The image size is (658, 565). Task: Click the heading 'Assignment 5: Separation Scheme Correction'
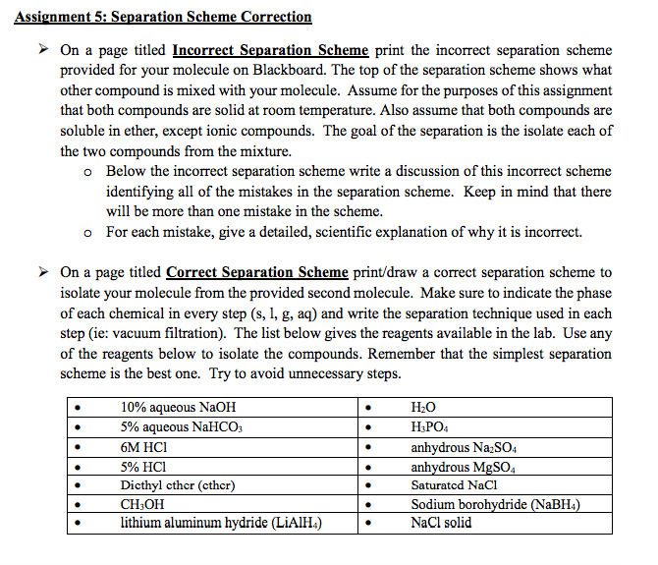163,17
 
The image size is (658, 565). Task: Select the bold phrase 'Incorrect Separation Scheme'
270,50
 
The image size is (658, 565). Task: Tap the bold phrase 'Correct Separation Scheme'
257,272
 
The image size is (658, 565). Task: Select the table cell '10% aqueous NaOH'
178,407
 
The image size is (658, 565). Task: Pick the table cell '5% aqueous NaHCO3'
182,426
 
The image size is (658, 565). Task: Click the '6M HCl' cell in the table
146,446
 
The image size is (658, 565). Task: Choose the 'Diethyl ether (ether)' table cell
178,484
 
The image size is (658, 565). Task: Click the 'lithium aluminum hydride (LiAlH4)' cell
222,523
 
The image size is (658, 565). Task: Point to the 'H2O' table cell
423,407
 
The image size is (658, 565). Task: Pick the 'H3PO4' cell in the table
428,426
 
